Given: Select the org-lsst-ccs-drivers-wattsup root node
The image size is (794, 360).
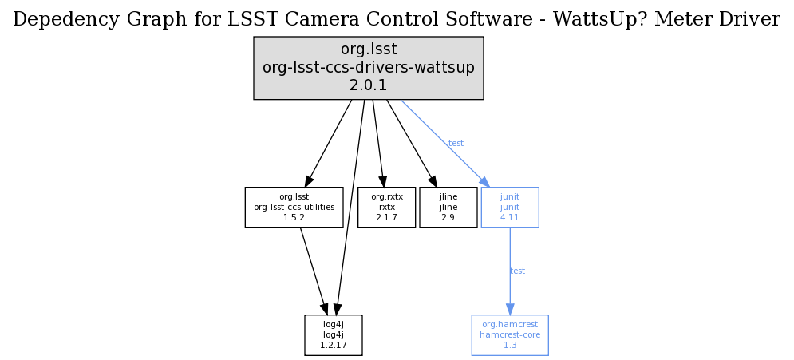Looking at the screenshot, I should point(368,68).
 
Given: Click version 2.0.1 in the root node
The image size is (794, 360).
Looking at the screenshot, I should point(368,85).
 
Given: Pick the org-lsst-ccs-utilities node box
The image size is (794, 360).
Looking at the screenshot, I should point(294,207).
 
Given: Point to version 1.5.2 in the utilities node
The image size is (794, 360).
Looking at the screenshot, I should point(294,217).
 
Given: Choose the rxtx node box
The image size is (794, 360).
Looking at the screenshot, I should point(387,207).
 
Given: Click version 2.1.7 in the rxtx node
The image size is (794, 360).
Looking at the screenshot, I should point(387,217).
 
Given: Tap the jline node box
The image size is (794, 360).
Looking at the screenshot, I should point(448,207).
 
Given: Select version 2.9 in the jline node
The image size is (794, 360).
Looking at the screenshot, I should point(448,217).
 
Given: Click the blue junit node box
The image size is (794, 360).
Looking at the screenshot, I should point(510,207).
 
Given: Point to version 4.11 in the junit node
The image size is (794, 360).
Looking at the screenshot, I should point(510,217).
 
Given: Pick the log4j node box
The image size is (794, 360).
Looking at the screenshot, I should point(334,334).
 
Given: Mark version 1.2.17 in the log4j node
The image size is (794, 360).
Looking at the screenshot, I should point(334,345).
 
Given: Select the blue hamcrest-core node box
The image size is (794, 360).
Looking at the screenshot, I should point(510,334).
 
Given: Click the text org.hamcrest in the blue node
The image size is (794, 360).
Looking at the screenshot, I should point(510,324).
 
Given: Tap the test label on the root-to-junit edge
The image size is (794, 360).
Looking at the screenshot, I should point(456,144).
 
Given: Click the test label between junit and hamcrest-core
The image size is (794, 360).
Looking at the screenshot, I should point(517,271).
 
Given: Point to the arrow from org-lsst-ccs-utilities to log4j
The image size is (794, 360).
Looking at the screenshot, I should point(314,271).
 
